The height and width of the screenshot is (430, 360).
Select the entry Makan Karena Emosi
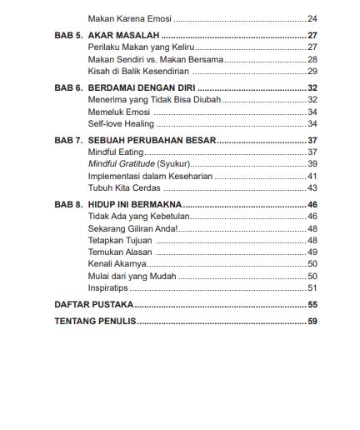tap(126, 18)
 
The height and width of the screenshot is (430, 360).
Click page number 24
tap(312, 18)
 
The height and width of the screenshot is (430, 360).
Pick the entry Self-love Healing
tap(122, 122)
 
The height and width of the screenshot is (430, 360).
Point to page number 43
tap(312, 188)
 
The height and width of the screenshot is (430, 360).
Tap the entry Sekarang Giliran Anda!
tap(132, 228)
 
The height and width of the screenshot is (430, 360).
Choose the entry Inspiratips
tap(109, 287)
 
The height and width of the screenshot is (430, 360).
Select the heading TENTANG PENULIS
tap(95, 321)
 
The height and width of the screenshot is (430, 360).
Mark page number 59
tap(312, 321)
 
